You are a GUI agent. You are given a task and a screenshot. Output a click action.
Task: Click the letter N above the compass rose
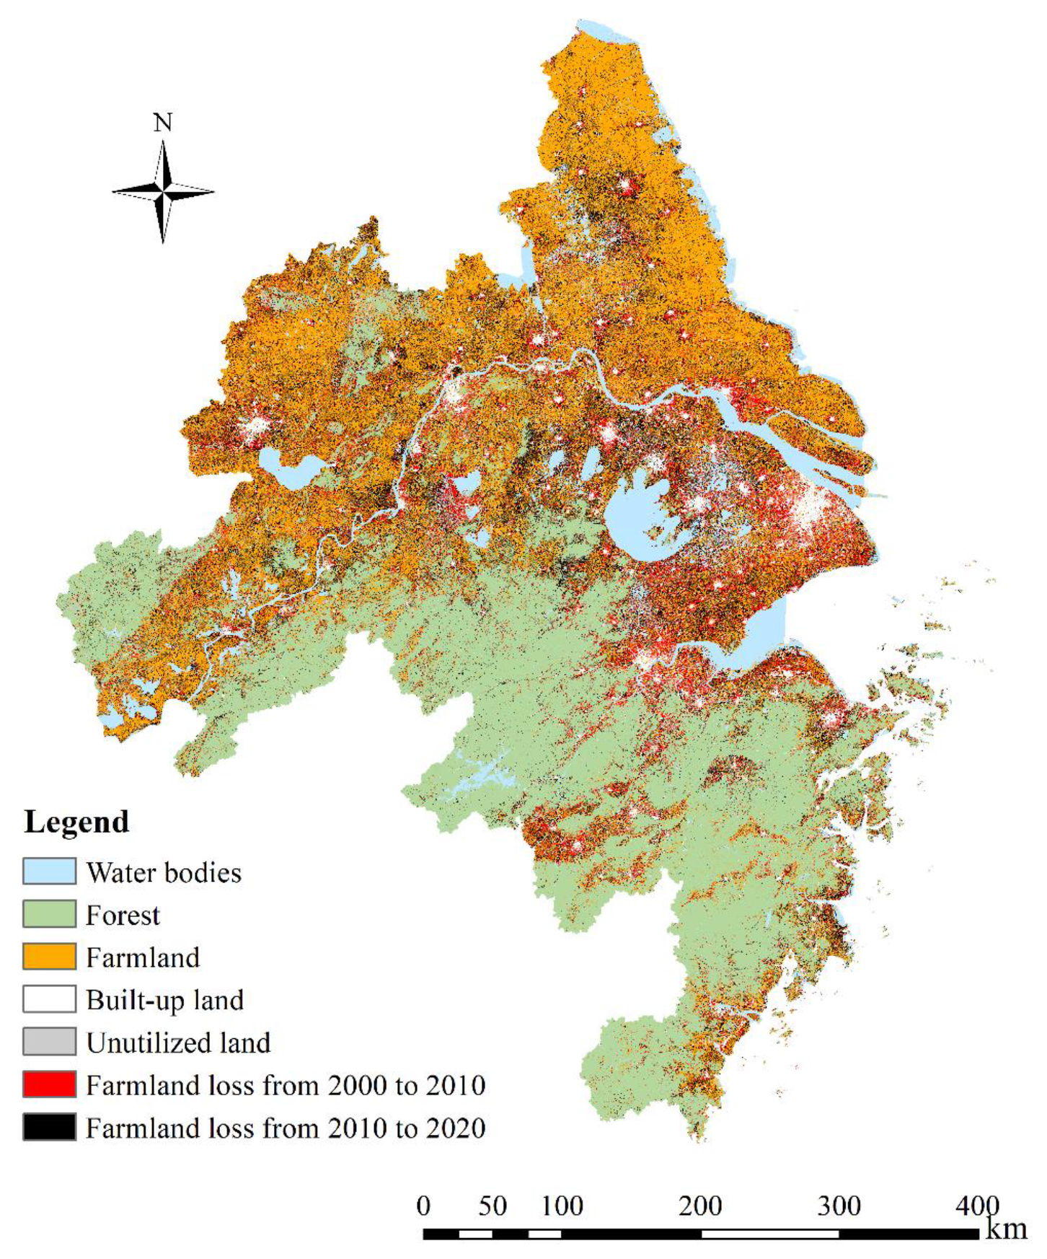pos(163,123)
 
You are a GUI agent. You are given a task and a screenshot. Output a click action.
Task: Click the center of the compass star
pos(163,192)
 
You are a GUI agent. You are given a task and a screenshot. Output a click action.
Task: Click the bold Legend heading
pos(76,822)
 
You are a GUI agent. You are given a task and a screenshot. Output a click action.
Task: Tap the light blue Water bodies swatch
pos(49,872)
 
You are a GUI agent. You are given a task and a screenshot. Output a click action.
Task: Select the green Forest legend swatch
pos(49,914)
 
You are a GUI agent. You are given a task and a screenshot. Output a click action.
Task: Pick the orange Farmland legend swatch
pos(49,957)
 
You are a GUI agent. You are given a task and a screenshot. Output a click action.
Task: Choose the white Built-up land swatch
pos(49,999)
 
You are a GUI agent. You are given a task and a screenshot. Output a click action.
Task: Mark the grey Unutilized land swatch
pos(49,1042)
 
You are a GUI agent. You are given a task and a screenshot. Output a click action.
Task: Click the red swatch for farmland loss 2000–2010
pos(49,1084)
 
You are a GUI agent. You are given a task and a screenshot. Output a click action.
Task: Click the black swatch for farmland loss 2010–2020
pos(49,1127)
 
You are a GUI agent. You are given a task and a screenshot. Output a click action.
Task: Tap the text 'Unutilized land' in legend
pos(178,1043)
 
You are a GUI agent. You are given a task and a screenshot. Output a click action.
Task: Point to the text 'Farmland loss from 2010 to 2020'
pos(286,1128)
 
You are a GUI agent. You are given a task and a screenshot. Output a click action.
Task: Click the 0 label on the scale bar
pos(424,1206)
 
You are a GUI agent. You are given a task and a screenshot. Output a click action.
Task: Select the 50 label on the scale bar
pos(492,1206)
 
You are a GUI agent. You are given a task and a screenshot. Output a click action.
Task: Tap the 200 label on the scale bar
pos(700,1206)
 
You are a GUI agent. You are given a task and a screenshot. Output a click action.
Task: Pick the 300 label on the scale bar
pos(839,1206)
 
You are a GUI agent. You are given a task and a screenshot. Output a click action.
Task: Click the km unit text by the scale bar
pos(1007,1229)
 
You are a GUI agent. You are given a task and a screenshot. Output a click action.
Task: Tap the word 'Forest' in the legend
pos(123,915)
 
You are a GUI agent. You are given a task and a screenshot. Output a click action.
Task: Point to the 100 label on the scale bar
pos(562,1206)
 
